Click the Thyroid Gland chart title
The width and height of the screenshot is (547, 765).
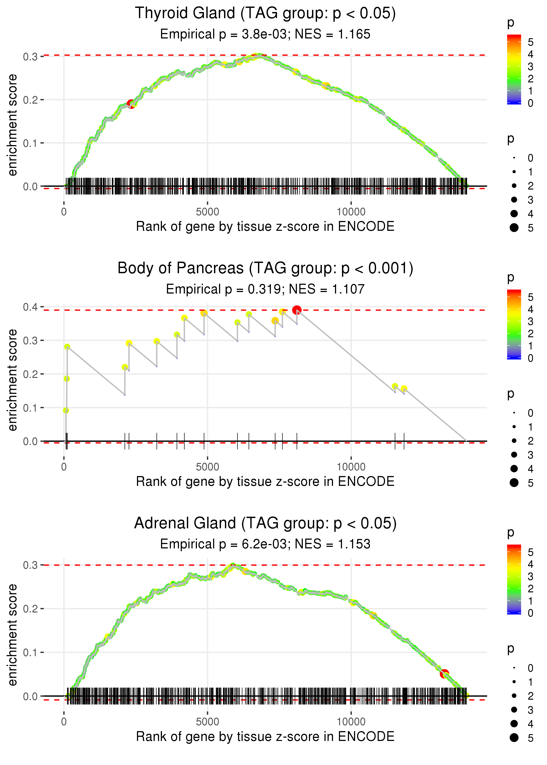tap(265, 14)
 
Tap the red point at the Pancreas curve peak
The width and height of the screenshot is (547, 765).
tap(296, 310)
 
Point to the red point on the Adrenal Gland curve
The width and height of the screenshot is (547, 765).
tap(444, 673)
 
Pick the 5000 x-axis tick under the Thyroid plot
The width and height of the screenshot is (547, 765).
tap(207, 212)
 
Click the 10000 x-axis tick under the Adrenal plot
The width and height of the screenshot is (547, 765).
tap(351, 722)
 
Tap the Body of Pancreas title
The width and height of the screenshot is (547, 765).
tap(265, 268)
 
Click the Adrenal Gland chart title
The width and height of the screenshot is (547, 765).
tap(265, 523)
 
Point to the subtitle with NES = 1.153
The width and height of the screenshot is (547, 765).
tap(265, 544)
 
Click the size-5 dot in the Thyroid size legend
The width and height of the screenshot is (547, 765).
tap(514, 228)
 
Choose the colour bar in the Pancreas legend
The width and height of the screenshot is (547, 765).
tap(514, 324)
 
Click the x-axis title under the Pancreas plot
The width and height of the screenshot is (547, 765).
tap(265, 482)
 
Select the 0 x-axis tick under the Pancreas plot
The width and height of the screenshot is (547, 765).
tap(64, 467)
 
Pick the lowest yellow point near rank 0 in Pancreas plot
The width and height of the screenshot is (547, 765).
tap(66, 410)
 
